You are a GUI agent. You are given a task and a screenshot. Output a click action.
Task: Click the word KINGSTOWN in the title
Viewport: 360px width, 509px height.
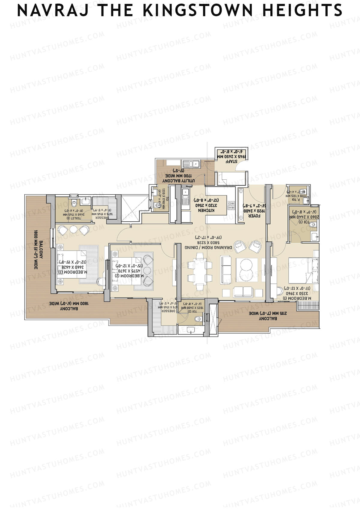click(x=198, y=11)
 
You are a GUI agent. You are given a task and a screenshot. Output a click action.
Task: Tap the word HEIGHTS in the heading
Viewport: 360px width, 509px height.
click(x=302, y=11)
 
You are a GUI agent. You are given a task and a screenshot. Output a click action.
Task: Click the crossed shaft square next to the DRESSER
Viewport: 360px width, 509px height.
click(x=130, y=208)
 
